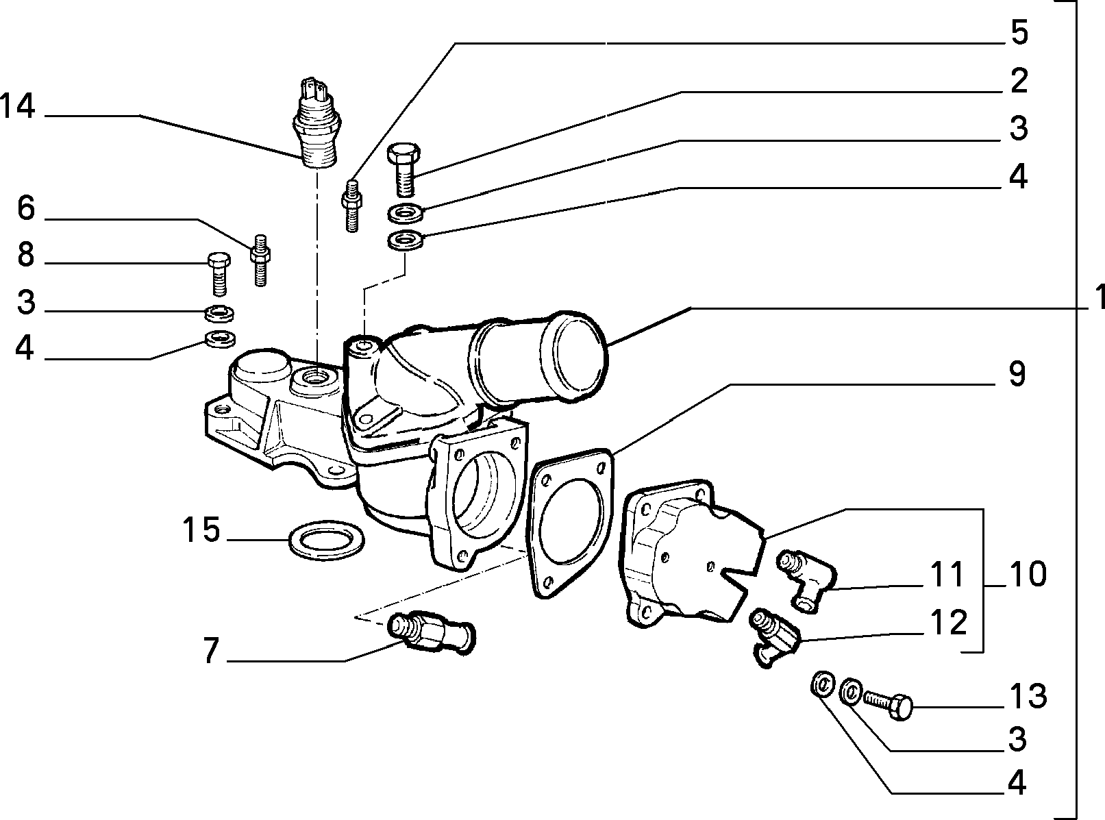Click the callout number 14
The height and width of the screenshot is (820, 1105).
(18, 107)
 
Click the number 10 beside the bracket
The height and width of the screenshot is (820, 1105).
(1028, 574)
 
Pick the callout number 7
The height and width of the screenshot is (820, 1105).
(211, 651)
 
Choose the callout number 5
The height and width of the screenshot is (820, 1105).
(1019, 32)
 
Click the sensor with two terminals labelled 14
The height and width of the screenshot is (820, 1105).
(315, 123)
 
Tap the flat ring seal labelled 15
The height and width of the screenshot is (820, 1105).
(326, 541)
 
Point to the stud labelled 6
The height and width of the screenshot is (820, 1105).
(260, 260)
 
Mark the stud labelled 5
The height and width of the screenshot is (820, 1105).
(351, 206)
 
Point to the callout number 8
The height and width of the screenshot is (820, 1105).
(26, 255)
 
